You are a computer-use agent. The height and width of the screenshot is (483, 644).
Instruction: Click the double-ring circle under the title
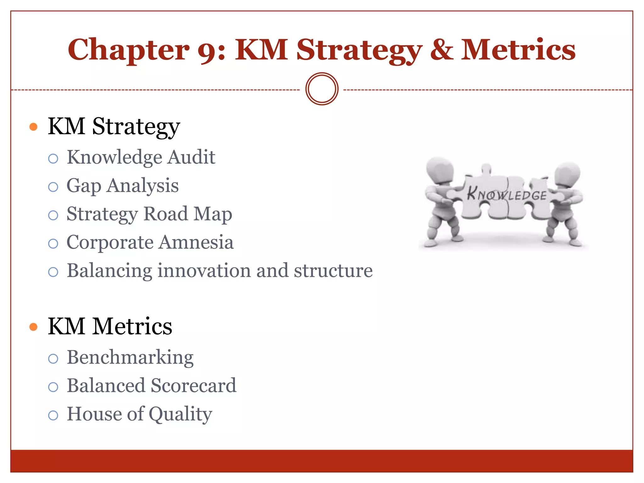pyautogui.click(x=322, y=89)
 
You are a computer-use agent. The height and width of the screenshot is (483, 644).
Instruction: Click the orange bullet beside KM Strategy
pyautogui.click(x=33, y=127)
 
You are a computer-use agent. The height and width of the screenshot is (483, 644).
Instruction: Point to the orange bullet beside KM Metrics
pyautogui.click(x=33, y=327)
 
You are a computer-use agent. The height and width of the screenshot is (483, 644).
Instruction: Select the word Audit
pyautogui.click(x=191, y=157)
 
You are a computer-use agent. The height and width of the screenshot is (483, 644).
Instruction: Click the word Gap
pyautogui.click(x=84, y=186)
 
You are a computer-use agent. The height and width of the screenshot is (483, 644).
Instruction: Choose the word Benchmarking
pyautogui.click(x=130, y=358)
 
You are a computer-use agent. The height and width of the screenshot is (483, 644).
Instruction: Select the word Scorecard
pyautogui.click(x=193, y=386)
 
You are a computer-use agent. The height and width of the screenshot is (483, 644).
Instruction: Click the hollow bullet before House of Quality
pyautogui.click(x=53, y=415)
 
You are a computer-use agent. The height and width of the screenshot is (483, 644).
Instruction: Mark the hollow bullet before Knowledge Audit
pyautogui.click(x=53, y=158)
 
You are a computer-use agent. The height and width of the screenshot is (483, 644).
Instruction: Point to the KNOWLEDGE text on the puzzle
pyautogui.click(x=507, y=194)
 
